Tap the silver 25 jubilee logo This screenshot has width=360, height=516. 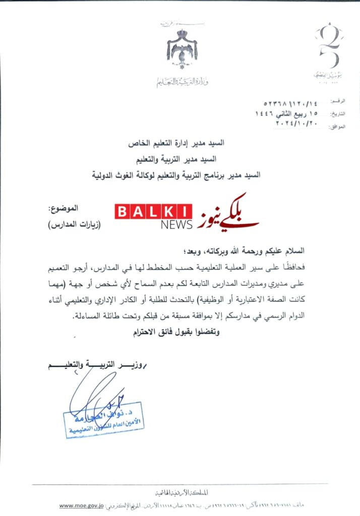328,48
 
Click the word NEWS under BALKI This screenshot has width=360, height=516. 176,225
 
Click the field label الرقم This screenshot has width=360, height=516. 337,101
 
